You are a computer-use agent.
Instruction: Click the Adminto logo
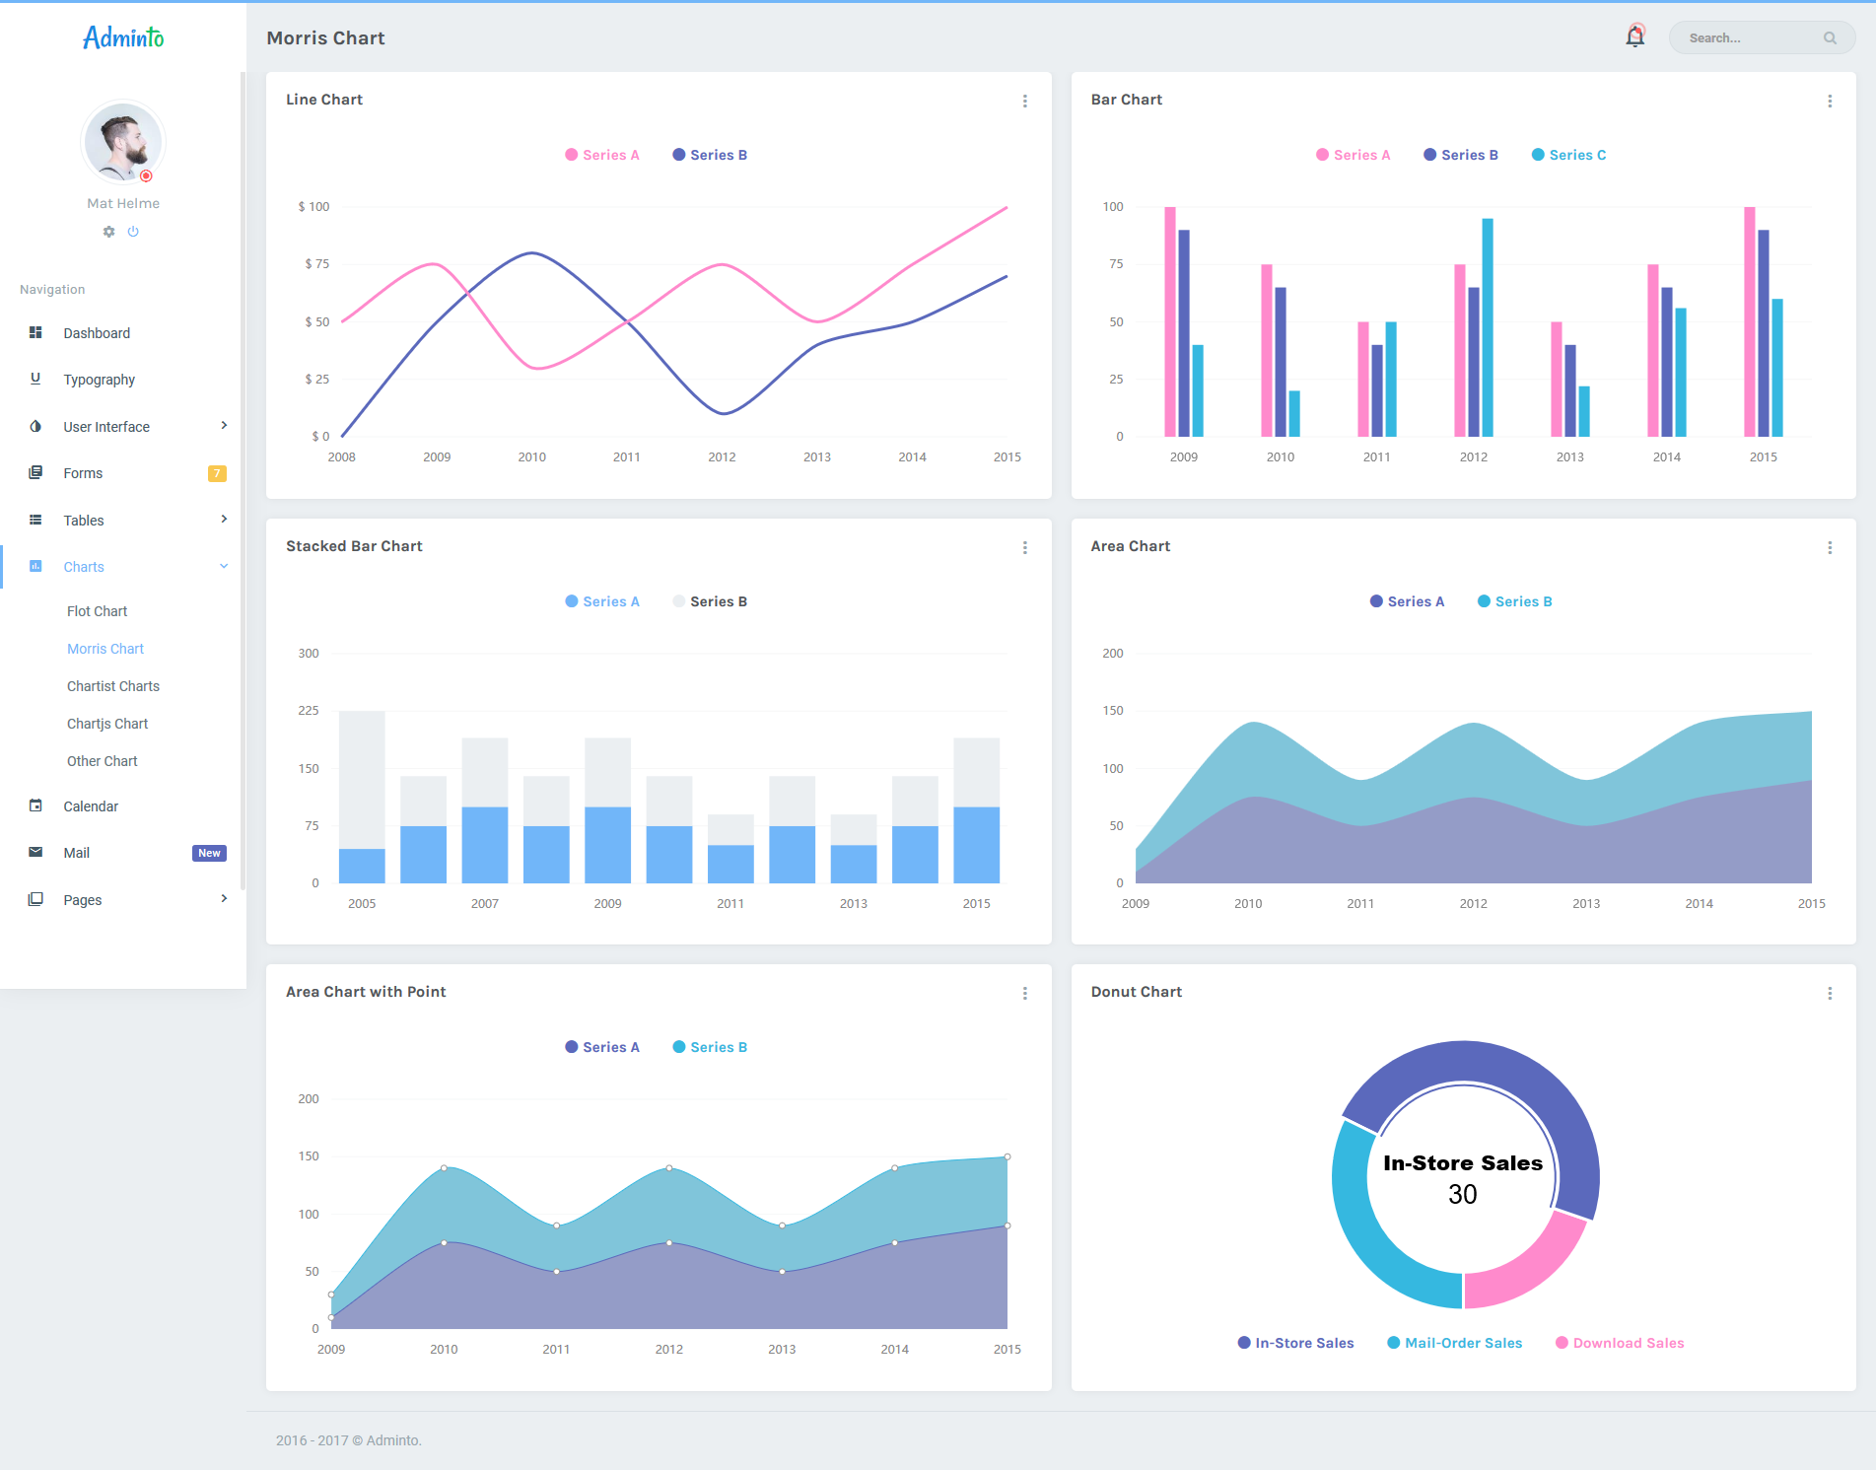point(123,37)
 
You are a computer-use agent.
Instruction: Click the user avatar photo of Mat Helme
point(122,142)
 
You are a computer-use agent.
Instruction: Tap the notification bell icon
point(1634,37)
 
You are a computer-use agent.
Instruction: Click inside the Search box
point(1750,38)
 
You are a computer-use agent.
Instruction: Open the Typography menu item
point(99,380)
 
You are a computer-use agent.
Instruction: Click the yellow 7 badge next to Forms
point(217,473)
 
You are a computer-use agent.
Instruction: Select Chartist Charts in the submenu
point(113,686)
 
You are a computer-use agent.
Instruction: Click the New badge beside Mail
point(209,853)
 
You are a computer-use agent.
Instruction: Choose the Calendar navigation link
point(91,806)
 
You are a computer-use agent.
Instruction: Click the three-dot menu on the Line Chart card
point(1025,101)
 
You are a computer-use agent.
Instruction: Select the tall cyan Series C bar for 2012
point(1488,325)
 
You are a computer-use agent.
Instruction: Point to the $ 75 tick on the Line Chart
point(317,263)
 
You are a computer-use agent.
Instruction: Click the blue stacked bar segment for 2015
point(976,845)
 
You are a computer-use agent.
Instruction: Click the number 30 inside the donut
point(1463,1194)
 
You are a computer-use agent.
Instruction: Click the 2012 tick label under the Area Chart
point(1473,903)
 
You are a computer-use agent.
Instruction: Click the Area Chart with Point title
point(366,992)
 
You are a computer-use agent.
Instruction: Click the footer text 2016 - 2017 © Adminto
point(349,1440)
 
